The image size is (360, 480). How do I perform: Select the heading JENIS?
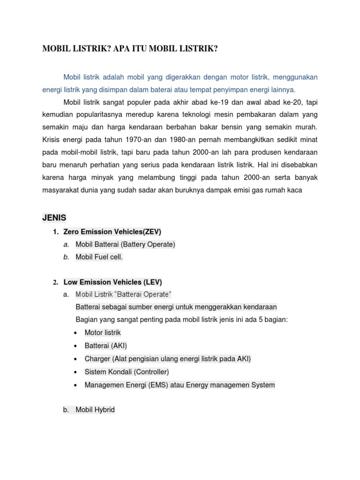55,217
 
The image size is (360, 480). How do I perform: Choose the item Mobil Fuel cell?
99,257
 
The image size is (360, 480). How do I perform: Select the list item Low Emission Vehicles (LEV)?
112,282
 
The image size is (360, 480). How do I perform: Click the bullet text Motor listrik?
103,332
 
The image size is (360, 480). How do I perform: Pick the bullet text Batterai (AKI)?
106,345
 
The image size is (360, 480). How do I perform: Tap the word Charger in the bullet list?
97,359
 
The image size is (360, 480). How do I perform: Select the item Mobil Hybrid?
95,410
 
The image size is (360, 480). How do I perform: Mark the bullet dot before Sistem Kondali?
76,372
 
